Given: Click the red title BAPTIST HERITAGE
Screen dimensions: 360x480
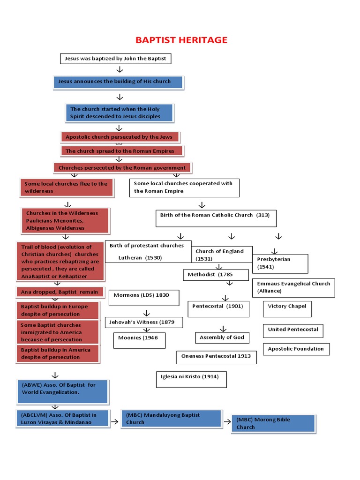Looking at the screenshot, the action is pyautogui.click(x=181, y=40).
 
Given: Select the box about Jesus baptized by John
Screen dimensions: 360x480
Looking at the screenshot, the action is pyautogui.click(x=116, y=59).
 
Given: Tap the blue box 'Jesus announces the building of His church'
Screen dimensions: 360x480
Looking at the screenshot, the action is pyautogui.click(x=119, y=82).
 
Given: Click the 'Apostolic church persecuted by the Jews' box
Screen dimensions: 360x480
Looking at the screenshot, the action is pyautogui.click(x=120, y=137).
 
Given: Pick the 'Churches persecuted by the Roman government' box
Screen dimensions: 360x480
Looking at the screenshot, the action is pyautogui.click(x=123, y=168).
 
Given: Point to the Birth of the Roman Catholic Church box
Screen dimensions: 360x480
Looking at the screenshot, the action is pyautogui.click(x=216, y=218).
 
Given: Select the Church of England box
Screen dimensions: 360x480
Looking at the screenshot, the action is pyautogui.click(x=222, y=255).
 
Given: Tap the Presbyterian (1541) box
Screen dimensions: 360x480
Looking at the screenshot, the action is pyautogui.click(x=280, y=263).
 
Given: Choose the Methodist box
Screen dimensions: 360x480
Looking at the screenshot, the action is pyautogui.click(x=216, y=275).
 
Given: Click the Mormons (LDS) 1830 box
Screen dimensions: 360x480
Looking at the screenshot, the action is pyautogui.click(x=144, y=298).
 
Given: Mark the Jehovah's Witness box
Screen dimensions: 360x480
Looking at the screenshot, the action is pyautogui.click(x=144, y=322).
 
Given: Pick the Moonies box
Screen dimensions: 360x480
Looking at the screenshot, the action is pyautogui.click(x=139, y=340).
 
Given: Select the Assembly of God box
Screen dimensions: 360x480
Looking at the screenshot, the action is pyautogui.click(x=222, y=337).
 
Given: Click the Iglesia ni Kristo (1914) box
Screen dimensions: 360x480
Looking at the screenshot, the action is pyautogui.click(x=191, y=380).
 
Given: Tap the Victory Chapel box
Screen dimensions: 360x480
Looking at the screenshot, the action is pyautogui.click(x=287, y=309).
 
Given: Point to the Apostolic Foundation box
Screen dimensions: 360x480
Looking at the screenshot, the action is pyautogui.click(x=296, y=349).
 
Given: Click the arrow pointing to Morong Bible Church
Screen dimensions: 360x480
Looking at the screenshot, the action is pyautogui.click(x=227, y=422).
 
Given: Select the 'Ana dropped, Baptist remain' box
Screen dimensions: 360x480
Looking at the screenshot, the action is pyautogui.click(x=60, y=292).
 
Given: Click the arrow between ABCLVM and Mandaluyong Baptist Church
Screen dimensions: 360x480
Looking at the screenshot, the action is pyautogui.click(x=115, y=422).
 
